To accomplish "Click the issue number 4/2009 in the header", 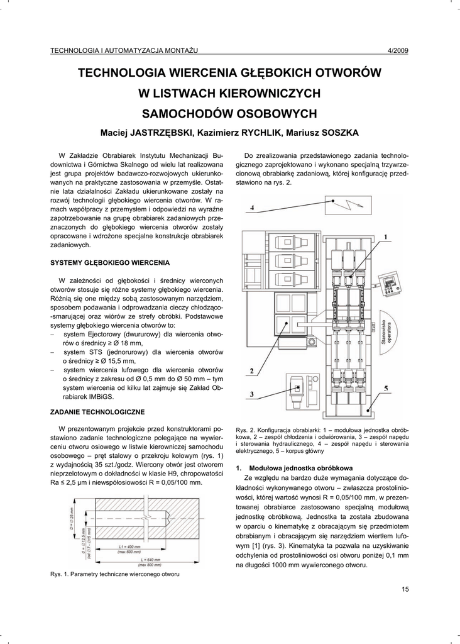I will pyautogui.click(x=398, y=51).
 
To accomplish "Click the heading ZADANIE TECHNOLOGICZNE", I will pyautogui.click(x=97, y=412).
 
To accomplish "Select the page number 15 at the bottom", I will pyautogui.click(x=404, y=589).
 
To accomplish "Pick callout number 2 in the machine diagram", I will pyautogui.click(x=251, y=371).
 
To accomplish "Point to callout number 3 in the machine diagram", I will pyautogui.click(x=251, y=394).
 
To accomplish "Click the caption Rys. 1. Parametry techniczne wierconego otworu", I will pyautogui.click(x=115, y=574).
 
